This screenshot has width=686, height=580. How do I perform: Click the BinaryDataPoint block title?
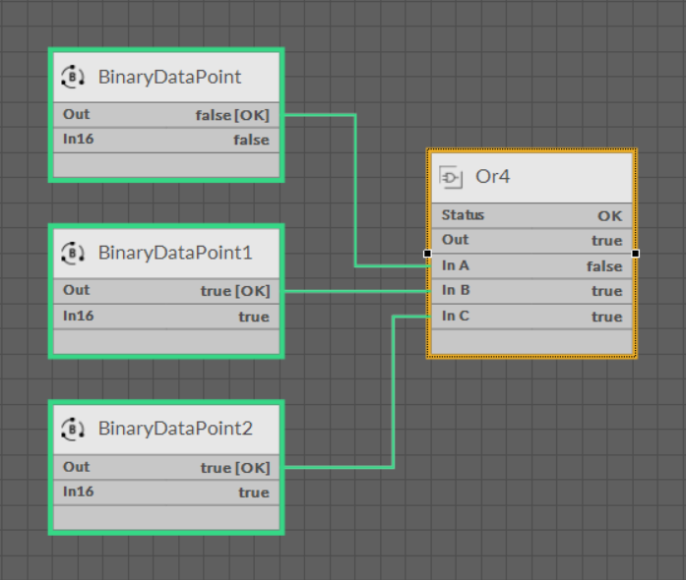[x=169, y=77]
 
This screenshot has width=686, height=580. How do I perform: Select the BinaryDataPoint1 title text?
[x=175, y=253]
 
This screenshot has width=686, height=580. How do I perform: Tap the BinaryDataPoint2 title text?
[x=175, y=429]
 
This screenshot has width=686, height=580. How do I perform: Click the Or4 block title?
[x=493, y=177]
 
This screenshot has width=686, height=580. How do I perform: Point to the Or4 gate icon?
[x=451, y=177]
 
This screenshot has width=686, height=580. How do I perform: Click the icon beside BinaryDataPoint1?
[x=73, y=253]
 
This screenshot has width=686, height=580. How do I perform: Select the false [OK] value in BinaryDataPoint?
[x=232, y=115]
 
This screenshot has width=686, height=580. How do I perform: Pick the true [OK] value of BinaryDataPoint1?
[x=234, y=291]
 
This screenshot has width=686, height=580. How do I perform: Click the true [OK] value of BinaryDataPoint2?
[x=234, y=468]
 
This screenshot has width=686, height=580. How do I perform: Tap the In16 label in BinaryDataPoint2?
[x=79, y=492]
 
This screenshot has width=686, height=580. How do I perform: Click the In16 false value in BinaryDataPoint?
[x=251, y=141]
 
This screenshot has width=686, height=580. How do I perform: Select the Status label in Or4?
[x=463, y=215]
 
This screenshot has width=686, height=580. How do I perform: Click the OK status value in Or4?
[x=610, y=216]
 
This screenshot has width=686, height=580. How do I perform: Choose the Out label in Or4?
[x=455, y=240]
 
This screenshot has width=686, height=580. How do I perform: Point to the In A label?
[x=456, y=265]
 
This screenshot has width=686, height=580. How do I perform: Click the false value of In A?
[x=604, y=266]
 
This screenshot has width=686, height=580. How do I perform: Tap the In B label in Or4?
[x=456, y=290]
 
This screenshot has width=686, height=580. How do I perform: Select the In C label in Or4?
[x=456, y=316]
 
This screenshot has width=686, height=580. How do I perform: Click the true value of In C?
[x=606, y=317]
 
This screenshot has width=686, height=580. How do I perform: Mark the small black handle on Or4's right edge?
[x=636, y=254]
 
